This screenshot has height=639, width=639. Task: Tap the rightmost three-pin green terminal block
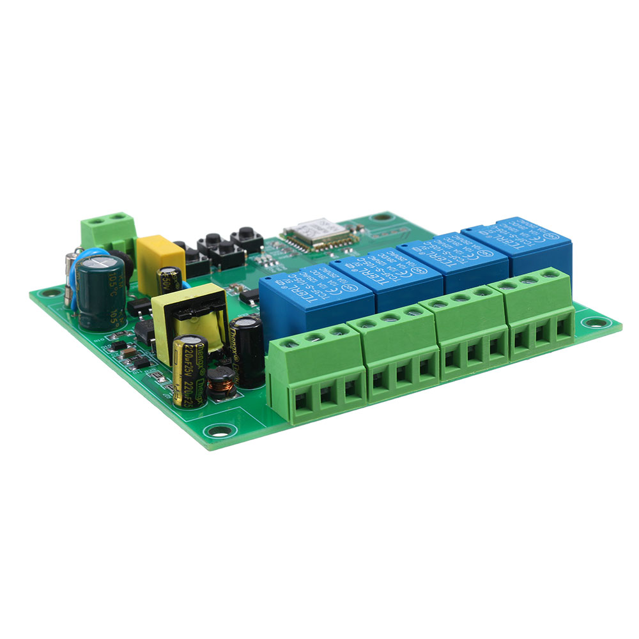tap(541, 312)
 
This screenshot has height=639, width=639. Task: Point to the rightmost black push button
tap(247, 237)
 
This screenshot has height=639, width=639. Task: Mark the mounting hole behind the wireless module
tap(382, 217)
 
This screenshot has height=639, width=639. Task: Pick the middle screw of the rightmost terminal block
tap(528, 279)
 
